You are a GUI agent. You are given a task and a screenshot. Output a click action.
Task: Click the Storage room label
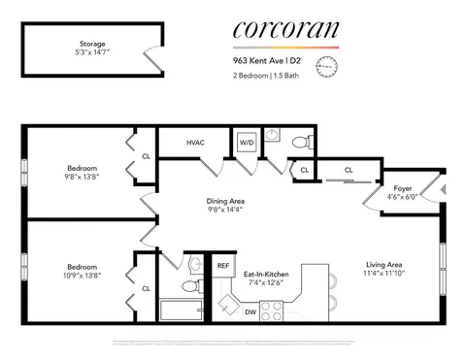pos(94,44)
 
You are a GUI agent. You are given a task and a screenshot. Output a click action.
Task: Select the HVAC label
pos(195,143)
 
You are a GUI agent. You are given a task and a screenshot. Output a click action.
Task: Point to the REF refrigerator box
pos(223,265)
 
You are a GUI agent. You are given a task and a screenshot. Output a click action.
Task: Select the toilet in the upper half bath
pos(301,143)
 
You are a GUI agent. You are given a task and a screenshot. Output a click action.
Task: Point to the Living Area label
pos(383,264)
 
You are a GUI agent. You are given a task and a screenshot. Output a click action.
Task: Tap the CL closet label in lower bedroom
pos(146,288)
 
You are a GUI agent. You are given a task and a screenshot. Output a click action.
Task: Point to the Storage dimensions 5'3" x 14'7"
pos(94,54)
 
